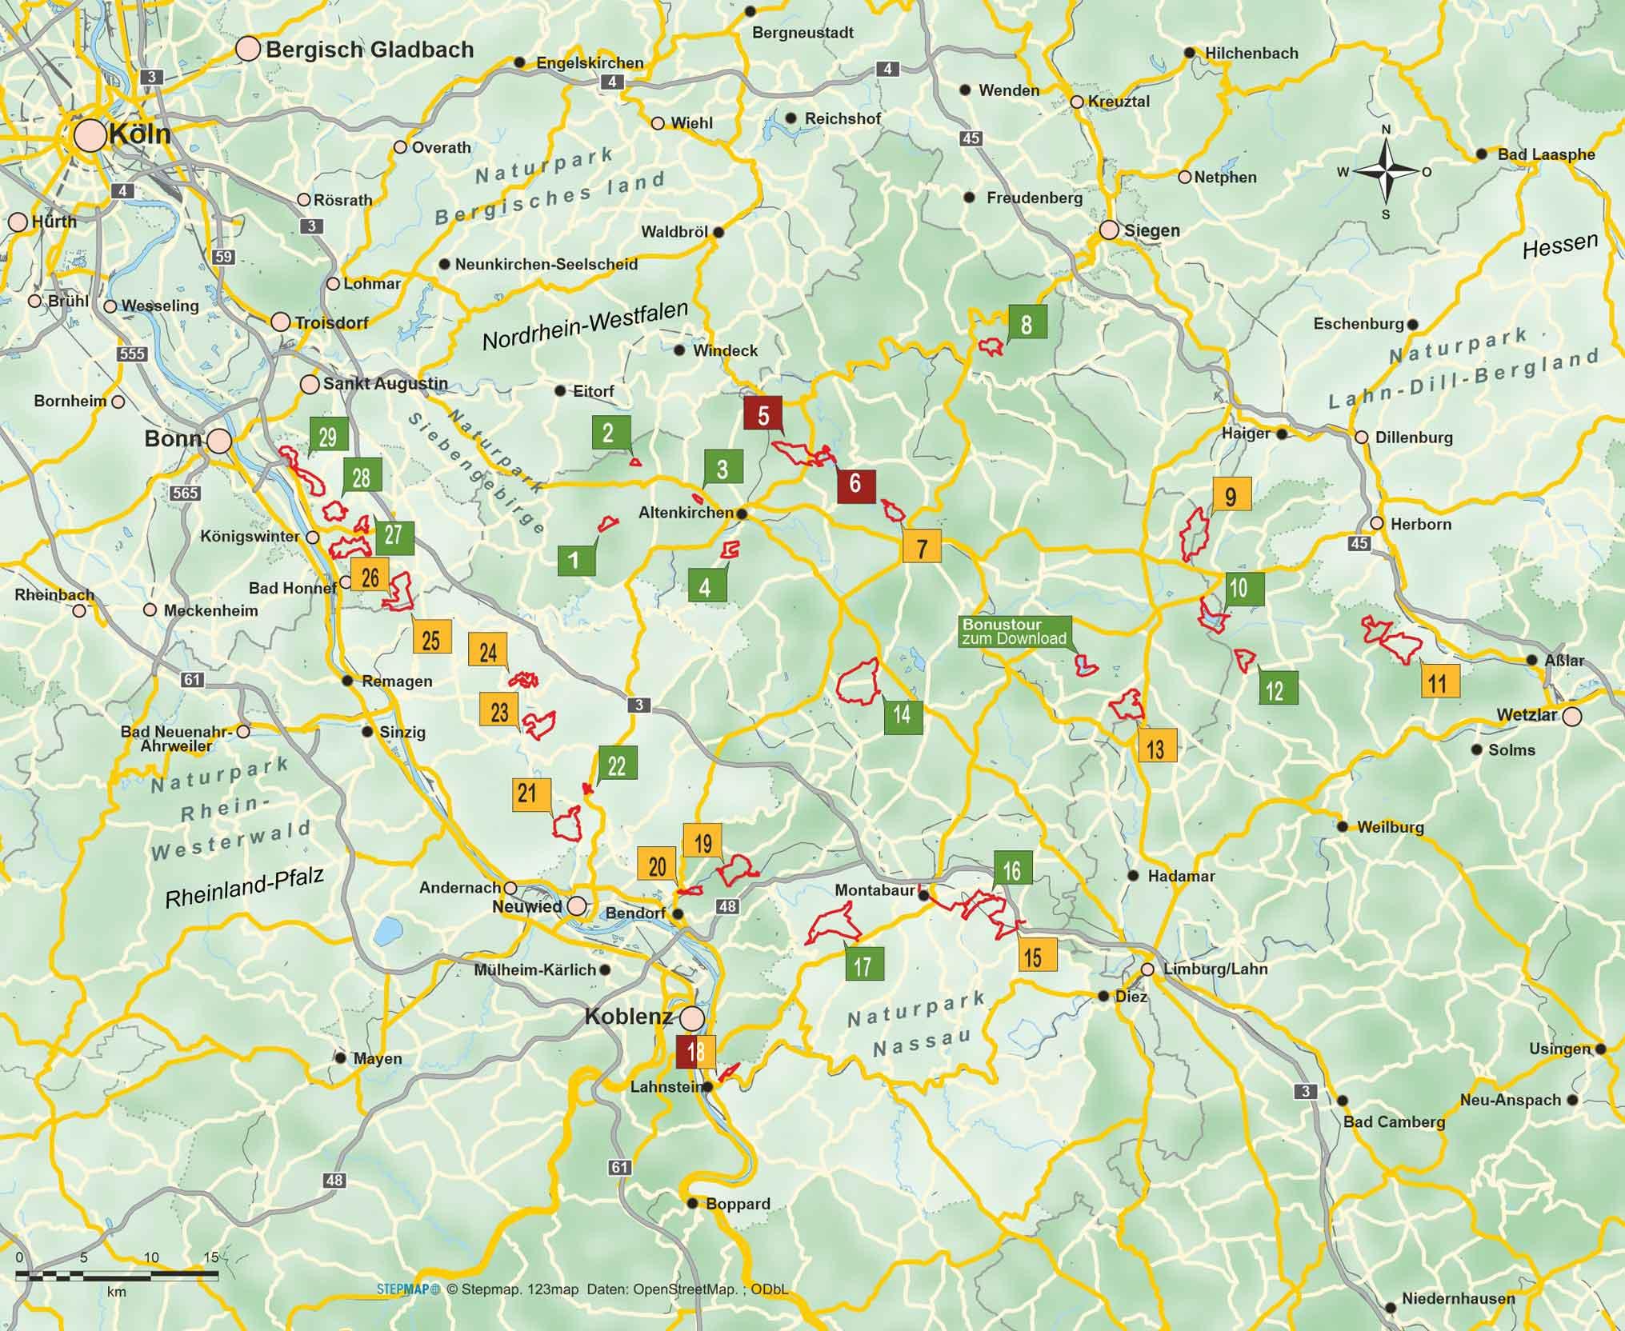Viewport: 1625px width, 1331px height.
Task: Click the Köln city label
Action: (139, 134)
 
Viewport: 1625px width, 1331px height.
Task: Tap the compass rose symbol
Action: (1386, 171)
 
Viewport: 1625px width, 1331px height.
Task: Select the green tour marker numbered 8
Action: (1027, 324)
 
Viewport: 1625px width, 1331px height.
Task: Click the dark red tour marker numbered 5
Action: (763, 415)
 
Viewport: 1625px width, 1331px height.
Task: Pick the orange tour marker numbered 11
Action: (1438, 682)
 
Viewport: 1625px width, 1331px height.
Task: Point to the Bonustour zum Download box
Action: (1015, 631)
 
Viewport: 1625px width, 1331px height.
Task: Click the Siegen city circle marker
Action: (1109, 230)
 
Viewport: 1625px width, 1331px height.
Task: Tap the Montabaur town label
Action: (874, 889)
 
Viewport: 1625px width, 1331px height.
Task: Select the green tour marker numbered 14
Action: (903, 714)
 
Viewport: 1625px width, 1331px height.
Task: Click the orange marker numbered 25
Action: (431, 639)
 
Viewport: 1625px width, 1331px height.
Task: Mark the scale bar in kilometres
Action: (118, 1275)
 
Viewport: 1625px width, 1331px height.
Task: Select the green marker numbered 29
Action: (327, 436)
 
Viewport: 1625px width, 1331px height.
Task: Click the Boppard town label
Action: (738, 1204)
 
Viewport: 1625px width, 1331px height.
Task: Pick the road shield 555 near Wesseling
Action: (130, 354)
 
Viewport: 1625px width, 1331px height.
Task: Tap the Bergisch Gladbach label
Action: (369, 50)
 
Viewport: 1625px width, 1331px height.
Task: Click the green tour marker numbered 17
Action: (863, 965)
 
